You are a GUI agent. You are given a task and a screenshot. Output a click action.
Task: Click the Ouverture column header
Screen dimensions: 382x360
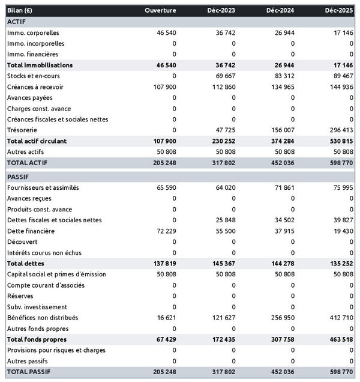point(160,10)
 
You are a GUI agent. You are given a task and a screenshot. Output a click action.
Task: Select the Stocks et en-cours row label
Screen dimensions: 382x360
point(34,76)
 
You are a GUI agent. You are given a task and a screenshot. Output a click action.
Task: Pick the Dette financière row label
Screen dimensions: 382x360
point(31,231)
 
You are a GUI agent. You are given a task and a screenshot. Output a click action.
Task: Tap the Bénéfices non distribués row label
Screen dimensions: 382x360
point(43,318)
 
